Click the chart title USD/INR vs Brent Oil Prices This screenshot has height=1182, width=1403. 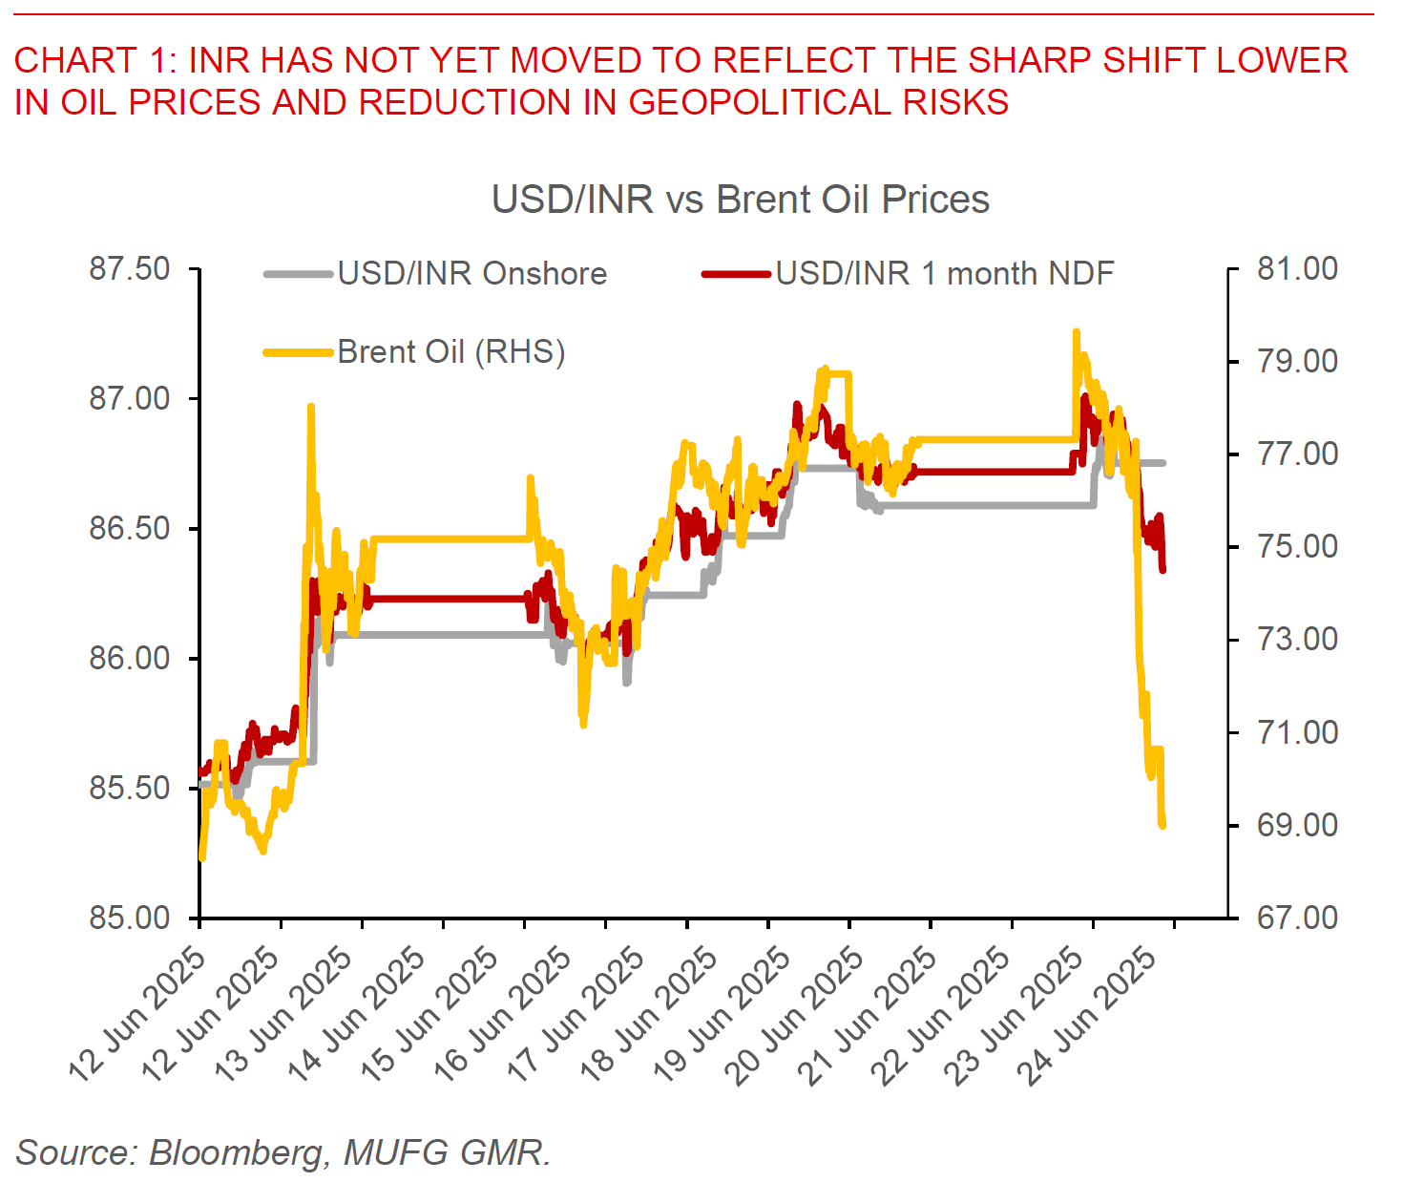(740, 200)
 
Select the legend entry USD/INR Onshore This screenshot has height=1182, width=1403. (471, 274)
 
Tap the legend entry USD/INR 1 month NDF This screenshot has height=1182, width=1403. (944, 274)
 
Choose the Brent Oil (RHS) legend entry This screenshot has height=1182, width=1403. (450, 352)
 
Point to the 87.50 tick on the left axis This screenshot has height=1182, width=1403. (130, 269)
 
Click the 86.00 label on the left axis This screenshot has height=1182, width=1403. (130, 658)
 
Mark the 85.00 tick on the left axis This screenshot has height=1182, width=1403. (130, 918)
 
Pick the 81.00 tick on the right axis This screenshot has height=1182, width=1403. (1297, 269)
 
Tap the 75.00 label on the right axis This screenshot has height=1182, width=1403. (1297, 547)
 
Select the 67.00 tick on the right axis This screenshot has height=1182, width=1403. (1297, 918)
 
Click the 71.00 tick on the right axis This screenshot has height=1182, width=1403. (1297, 732)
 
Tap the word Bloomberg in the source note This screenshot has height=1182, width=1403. (236, 1152)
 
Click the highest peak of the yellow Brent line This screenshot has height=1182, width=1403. (1076, 332)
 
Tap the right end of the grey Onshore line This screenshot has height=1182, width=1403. (1163, 463)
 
